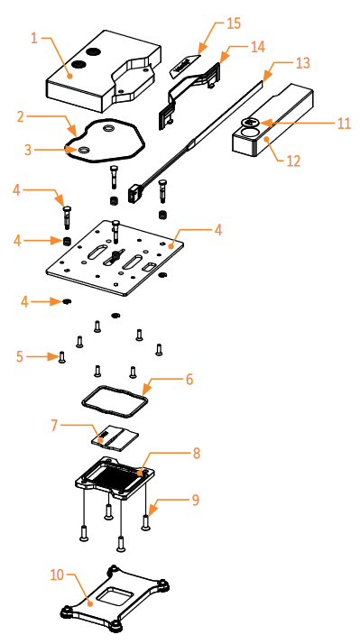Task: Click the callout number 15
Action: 234,23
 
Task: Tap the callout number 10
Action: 57,575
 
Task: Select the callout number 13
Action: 303,63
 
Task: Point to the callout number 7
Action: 55,426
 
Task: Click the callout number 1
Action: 34,39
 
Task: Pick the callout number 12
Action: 293,161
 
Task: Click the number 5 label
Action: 20,356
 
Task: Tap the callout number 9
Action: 196,500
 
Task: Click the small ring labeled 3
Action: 83,150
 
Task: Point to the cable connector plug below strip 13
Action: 135,192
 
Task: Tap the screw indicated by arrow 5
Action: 61,357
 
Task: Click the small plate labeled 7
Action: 115,437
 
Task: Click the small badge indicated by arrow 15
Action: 185,65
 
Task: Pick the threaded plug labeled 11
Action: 249,122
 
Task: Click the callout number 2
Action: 21,116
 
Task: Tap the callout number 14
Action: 258,46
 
